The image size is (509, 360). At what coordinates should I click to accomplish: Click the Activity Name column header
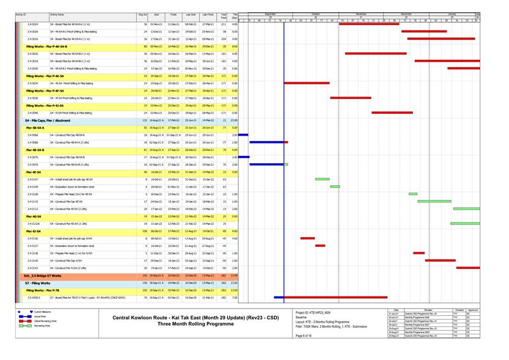tap(58, 15)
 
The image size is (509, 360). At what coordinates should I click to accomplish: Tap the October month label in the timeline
tap(316, 13)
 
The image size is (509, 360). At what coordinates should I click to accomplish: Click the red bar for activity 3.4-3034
tap(307, 83)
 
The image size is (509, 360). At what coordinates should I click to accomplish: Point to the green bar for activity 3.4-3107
tap(322, 179)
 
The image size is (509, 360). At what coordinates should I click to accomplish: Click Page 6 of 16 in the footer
tap(303, 336)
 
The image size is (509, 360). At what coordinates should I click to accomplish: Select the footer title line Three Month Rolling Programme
tap(196, 325)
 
